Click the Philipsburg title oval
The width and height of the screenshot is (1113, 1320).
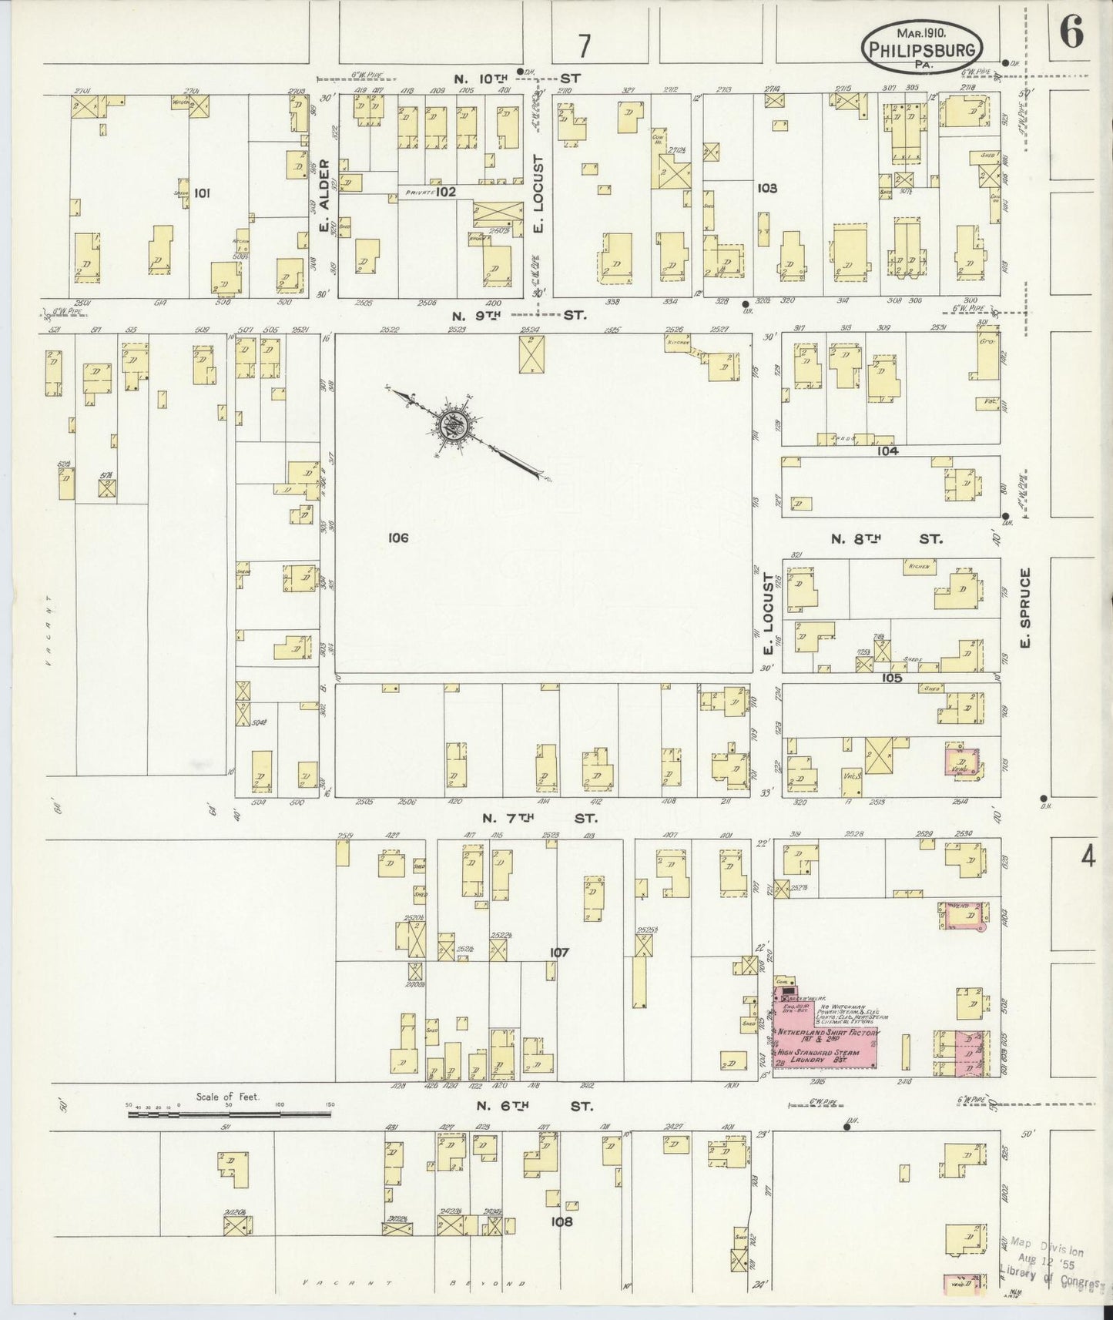921,46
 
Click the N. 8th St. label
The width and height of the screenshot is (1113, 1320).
886,539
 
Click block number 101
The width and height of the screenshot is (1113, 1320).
202,193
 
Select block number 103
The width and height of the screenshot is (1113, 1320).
767,188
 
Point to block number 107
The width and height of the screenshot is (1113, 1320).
559,953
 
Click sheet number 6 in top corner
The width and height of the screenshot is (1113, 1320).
1071,32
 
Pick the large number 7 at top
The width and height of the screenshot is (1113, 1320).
585,47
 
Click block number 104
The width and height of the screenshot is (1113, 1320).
887,451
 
